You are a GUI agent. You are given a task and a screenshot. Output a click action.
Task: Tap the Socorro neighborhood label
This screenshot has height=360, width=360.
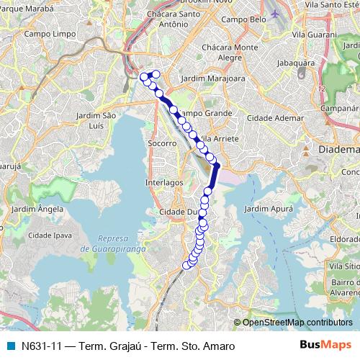click(x=163, y=143)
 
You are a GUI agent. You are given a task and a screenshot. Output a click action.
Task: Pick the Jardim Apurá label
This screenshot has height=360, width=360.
click(x=269, y=208)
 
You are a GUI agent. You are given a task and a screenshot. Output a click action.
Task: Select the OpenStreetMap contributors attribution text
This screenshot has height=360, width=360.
click(x=297, y=322)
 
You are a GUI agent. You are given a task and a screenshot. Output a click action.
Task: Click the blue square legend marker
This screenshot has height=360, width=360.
click(x=11, y=345)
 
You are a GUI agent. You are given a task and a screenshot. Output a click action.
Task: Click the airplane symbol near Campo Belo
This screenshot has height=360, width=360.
click(x=278, y=14)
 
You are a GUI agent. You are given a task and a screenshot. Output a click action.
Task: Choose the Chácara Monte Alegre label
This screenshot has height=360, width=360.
click(x=234, y=52)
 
